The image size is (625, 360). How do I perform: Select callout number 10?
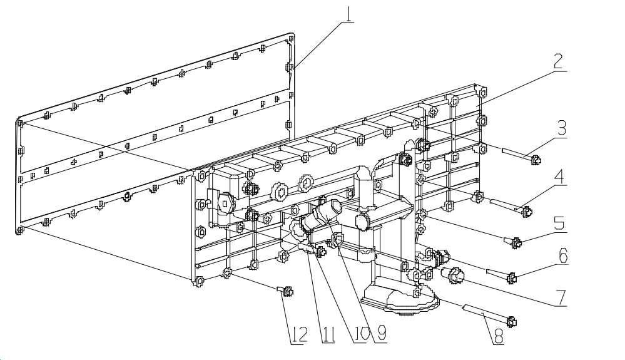click(x=357, y=334)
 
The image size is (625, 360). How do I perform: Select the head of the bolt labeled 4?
click(x=527, y=212)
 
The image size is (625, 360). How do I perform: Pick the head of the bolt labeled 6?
click(x=511, y=277)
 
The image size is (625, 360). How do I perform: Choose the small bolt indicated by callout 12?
click(x=287, y=291)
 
